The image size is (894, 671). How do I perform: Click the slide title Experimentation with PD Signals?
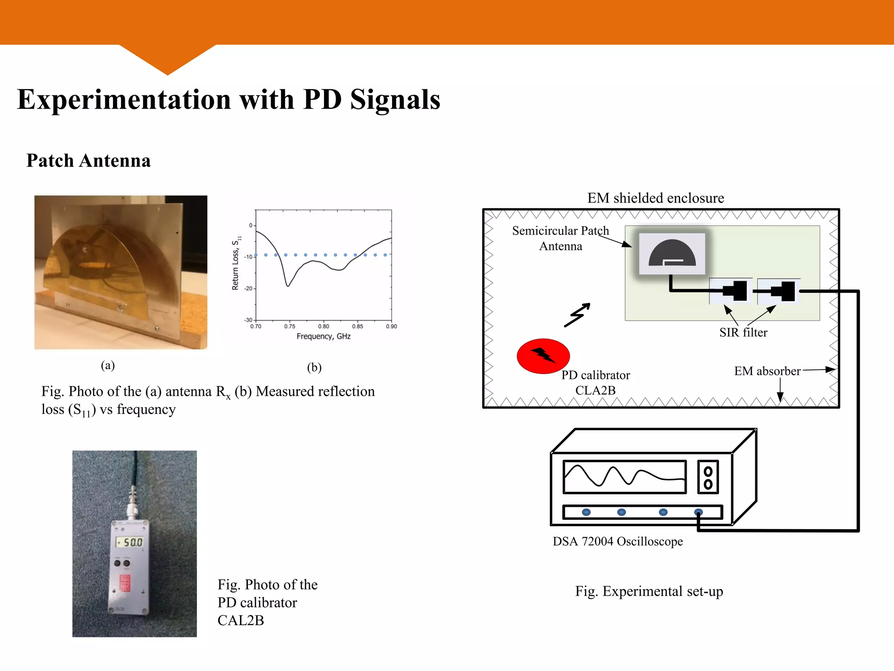[x=228, y=100]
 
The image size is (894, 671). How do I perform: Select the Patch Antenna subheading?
[x=89, y=161]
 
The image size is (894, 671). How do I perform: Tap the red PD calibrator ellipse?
[x=543, y=356]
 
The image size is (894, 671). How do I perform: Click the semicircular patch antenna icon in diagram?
[x=672, y=253]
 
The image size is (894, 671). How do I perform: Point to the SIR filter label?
[x=743, y=332]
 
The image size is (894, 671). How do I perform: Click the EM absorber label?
[x=767, y=371]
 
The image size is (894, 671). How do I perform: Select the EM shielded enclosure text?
[x=655, y=198]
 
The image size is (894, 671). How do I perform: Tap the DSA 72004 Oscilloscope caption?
[x=617, y=541]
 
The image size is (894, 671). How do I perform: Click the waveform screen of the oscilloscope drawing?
[x=624, y=477]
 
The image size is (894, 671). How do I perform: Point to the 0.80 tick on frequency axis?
[x=323, y=326]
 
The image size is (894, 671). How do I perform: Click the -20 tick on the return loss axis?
[x=248, y=289]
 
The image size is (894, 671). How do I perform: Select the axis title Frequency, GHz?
[x=323, y=336]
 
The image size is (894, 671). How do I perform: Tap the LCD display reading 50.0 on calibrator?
[x=130, y=542]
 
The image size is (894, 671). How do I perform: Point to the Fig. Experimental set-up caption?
[x=649, y=591]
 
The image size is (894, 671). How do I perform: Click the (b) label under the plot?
[x=314, y=367]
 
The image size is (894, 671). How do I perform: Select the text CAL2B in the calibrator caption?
[x=241, y=620]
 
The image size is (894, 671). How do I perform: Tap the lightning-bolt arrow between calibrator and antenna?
[x=577, y=315]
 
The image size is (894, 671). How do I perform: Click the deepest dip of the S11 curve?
[x=288, y=286]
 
